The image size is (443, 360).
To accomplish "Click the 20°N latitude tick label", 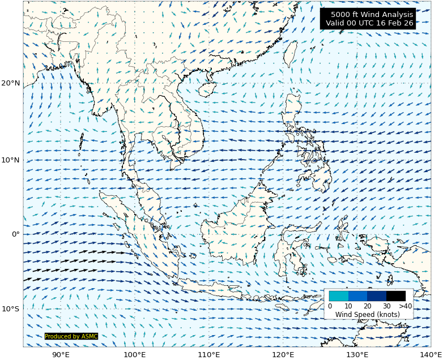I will coord(11,83).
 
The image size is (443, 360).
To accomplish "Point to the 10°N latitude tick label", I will coord(11,160).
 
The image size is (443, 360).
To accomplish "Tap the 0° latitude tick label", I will coord(15,234).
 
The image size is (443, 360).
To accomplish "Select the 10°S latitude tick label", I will coord(11,309).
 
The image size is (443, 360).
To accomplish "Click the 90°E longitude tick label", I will coord(61,354).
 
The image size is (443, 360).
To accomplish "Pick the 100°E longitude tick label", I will coord(135,354).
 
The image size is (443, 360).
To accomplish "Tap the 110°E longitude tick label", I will coord(209,354).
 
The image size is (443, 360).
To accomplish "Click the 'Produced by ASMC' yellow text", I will coord(71,336).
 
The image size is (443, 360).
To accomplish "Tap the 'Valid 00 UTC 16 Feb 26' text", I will coord(369,23).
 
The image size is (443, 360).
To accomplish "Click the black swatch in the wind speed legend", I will coord(396,295).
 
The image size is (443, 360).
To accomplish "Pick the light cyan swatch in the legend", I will coord(339,295).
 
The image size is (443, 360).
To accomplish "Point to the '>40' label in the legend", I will coord(405,306).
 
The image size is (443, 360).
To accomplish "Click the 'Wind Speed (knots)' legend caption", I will coord(367,314).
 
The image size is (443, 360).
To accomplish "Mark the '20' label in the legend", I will coord(367,306).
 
